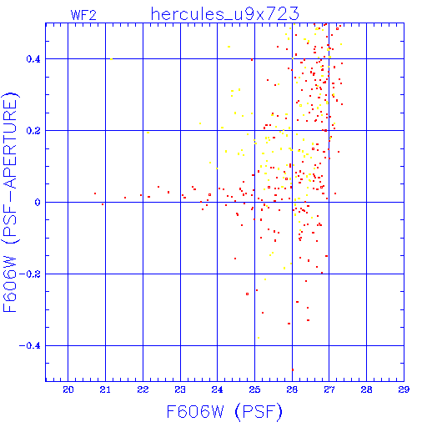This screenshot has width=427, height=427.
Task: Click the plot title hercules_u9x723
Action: coord(224,14)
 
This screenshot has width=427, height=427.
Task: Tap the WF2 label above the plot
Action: coord(83,15)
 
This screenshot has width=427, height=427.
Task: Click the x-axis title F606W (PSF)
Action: coord(224,411)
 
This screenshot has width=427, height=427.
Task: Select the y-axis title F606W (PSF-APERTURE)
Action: coord(10,202)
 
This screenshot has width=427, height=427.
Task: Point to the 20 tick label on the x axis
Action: coord(68,389)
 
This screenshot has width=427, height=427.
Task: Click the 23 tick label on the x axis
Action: coord(180,389)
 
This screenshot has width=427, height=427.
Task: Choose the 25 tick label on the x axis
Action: coord(254,389)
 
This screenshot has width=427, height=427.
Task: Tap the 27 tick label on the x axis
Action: coord(329,389)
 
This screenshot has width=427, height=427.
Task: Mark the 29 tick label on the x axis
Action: coord(404,389)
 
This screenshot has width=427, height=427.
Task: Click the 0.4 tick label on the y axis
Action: coord(33,59)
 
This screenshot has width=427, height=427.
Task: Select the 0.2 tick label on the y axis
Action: coord(33,131)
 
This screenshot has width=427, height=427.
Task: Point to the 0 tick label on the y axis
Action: coord(38,203)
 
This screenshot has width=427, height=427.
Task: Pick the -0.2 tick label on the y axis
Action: coord(30,274)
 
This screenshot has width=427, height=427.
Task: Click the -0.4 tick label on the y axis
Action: coord(30,346)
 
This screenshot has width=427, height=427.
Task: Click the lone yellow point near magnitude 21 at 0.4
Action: coord(111,59)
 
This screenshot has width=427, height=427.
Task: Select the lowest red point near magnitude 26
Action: coord(293,369)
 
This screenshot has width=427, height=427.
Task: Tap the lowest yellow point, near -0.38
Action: coord(259,338)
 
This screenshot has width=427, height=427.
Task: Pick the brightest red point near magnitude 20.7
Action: coord(95,193)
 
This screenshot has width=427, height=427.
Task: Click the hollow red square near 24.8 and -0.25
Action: coord(247,294)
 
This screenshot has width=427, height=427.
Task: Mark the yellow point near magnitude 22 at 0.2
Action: coord(148,133)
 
